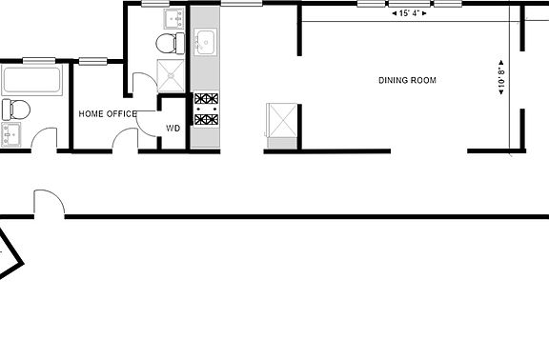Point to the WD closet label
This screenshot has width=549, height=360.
pos(173,127)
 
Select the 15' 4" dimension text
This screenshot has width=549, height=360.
pos(409,14)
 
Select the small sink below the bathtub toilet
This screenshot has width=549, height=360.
pos(11,133)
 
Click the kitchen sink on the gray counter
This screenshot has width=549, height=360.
pos(206,41)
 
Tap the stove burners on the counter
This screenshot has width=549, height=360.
pos(206,108)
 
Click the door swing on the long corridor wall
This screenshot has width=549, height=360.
pos(48,204)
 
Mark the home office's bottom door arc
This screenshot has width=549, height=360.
pos(126,140)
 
